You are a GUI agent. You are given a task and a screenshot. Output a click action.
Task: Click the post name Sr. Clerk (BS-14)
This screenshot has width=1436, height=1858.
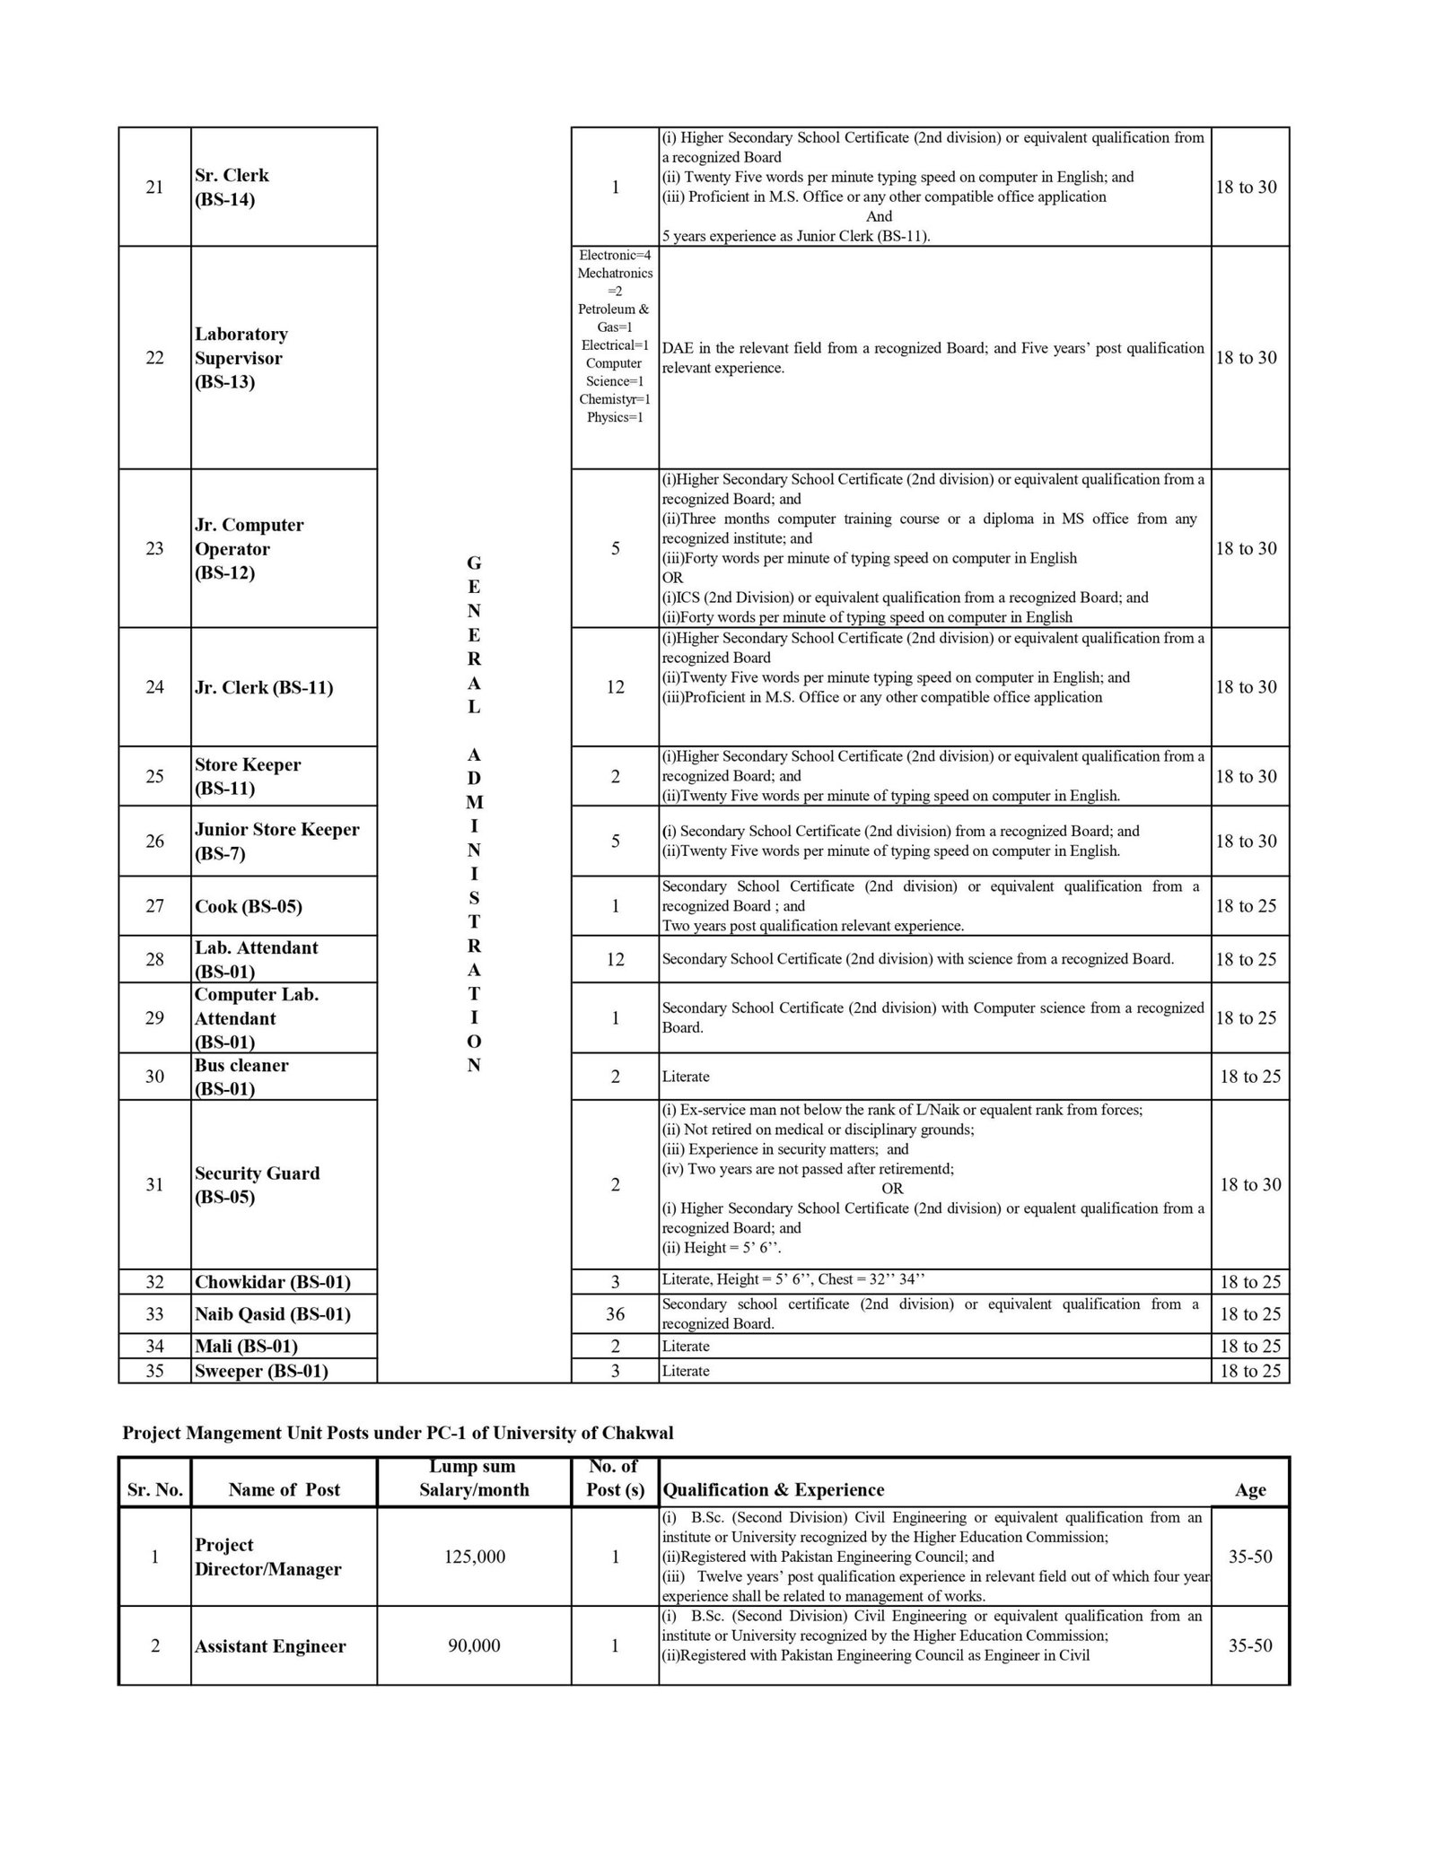click(232, 188)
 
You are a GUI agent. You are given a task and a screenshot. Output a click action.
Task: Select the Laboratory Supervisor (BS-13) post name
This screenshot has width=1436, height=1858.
click(241, 358)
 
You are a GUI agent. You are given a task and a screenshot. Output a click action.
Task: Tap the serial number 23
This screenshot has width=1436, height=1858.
click(154, 548)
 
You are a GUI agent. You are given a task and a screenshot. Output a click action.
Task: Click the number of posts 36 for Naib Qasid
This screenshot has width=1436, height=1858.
click(615, 1313)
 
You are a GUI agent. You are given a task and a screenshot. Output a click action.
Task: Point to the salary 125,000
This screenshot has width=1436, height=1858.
click(474, 1557)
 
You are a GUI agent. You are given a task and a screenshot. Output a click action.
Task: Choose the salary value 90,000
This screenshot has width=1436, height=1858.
click(474, 1646)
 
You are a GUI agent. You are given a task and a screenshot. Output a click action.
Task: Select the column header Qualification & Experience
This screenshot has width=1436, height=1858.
click(773, 1490)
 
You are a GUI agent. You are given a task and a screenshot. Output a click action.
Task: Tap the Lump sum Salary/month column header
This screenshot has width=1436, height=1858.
click(474, 1479)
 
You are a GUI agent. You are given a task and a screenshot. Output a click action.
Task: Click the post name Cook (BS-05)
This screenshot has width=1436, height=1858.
click(249, 906)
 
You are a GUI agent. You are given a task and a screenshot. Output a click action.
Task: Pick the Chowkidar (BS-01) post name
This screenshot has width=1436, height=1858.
click(272, 1282)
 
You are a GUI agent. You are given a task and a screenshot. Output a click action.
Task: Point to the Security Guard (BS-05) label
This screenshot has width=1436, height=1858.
click(257, 1185)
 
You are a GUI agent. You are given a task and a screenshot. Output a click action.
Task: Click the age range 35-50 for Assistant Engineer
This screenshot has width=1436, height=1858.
click(1250, 1646)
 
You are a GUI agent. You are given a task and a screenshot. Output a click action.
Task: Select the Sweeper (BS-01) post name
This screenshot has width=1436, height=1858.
click(261, 1371)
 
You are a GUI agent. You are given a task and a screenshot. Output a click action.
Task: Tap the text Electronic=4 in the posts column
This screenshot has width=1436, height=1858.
click(615, 256)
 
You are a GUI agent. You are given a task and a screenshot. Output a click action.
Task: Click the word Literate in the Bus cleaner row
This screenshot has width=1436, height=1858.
click(686, 1077)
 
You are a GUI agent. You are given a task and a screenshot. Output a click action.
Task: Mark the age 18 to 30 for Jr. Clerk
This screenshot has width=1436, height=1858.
click(1246, 687)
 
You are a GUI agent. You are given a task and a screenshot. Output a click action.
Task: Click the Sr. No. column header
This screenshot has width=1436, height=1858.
click(154, 1490)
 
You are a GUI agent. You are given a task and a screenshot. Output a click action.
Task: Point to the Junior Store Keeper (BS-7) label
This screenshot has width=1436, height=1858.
click(276, 842)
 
